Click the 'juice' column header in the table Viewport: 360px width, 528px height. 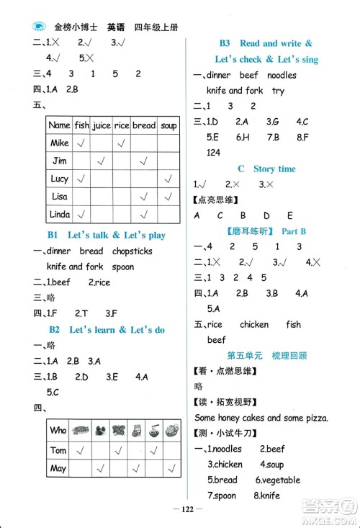tap(102, 125)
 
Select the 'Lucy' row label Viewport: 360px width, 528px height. tap(60, 178)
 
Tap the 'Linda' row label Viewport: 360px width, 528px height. tap(60, 213)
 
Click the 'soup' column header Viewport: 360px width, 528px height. tap(168, 125)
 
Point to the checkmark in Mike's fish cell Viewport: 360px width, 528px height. tap(82, 143)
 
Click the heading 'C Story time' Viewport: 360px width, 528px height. tap(266, 169)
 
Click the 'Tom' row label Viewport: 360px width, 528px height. tap(58, 450)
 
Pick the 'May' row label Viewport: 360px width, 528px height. tap(58, 468)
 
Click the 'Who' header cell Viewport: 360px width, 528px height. tap(58, 431)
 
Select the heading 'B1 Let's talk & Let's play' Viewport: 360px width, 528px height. tap(107, 236)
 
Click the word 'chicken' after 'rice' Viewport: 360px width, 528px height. tap(254, 324)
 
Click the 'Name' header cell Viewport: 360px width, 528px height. tap(60, 125)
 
